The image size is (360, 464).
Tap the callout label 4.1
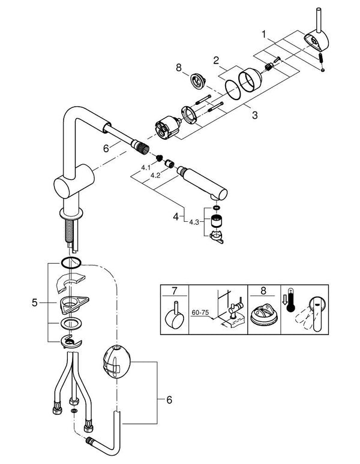[145, 168]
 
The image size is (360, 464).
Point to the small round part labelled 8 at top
[197, 82]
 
